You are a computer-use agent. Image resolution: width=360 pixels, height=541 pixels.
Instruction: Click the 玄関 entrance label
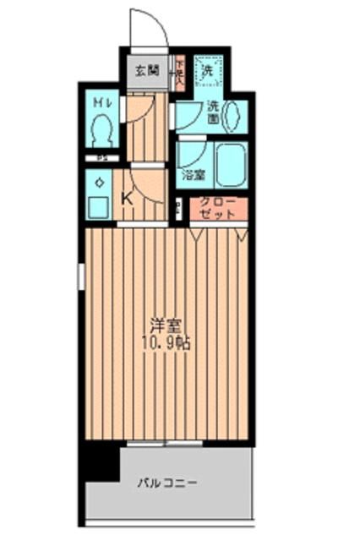147,70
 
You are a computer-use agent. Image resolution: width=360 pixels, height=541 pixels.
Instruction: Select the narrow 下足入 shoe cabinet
179,72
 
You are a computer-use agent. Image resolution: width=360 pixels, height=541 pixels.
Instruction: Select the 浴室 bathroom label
194,175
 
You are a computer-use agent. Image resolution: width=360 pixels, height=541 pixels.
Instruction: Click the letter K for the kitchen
128,199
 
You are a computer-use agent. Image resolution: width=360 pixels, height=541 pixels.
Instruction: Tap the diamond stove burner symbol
100,182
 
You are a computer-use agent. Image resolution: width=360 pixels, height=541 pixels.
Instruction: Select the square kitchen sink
100,208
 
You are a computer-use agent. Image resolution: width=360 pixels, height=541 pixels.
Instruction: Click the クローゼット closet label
218,210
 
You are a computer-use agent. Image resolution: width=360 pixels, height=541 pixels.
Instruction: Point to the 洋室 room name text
166,325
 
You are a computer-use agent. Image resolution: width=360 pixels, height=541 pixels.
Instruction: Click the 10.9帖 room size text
166,342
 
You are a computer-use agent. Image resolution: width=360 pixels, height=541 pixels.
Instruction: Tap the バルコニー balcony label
168,484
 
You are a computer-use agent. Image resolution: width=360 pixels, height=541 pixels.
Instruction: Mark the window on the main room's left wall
82,275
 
